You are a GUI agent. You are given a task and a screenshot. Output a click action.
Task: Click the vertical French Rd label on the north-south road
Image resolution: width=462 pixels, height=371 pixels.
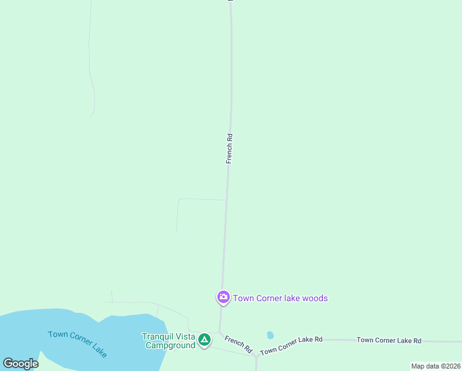(229, 148)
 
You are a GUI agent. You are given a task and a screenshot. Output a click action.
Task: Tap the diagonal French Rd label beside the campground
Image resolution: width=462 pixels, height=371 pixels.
(239, 344)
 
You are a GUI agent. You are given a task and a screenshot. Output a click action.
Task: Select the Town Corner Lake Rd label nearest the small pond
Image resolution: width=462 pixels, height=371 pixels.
(292, 346)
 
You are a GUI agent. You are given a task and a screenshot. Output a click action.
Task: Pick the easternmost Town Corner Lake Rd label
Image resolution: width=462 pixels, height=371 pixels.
(388, 341)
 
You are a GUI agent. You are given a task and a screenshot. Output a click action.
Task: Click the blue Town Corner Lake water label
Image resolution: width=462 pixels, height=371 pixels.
(78, 343)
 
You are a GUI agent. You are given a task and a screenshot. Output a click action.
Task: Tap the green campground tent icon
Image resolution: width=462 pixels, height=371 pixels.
(204, 339)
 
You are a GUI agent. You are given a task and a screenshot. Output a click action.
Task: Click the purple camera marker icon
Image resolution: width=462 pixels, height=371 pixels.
(223, 297)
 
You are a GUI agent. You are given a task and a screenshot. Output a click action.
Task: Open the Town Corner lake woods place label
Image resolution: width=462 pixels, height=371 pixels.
(280, 298)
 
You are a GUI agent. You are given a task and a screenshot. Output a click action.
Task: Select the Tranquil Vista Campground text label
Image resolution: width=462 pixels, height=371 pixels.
(169, 341)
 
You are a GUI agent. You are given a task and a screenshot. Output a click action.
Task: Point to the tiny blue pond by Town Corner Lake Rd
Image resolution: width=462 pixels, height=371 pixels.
(270, 335)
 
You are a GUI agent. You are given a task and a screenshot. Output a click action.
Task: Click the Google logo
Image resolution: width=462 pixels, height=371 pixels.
(20, 363)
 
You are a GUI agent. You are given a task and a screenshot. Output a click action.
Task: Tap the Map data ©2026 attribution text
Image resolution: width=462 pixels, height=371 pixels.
(435, 366)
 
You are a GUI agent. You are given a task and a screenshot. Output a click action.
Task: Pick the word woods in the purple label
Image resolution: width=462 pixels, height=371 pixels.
(315, 298)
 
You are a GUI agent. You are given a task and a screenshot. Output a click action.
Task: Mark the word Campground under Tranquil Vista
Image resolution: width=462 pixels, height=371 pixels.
(170, 345)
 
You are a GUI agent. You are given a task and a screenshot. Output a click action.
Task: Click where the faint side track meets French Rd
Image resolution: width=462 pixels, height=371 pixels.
(226, 200)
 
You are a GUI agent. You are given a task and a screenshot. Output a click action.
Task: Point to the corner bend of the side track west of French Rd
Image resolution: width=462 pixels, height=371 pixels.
(179, 199)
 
